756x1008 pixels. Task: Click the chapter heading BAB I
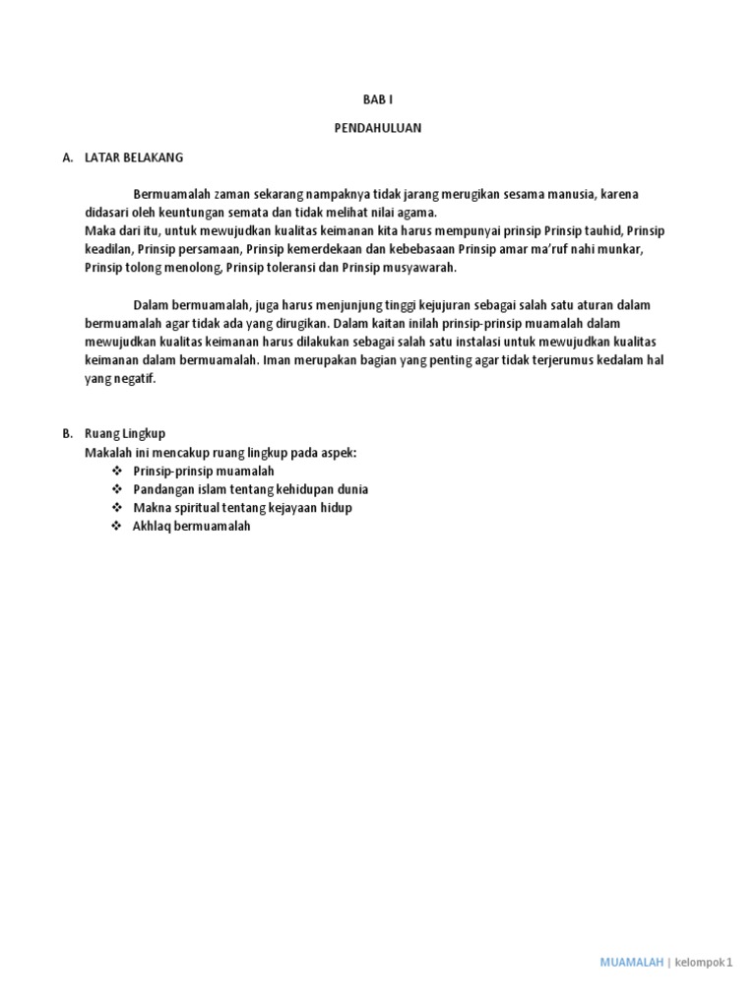(x=378, y=100)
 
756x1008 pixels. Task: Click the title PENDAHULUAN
(x=378, y=128)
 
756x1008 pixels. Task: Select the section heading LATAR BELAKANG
(x=134, y=157)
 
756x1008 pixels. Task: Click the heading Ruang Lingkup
(x=125, y=433)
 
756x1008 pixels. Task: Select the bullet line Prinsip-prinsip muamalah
(x=204, y=472)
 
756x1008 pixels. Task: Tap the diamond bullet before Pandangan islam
(x=117, y=489)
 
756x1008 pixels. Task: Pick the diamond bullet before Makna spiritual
(x=117, y=508)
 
